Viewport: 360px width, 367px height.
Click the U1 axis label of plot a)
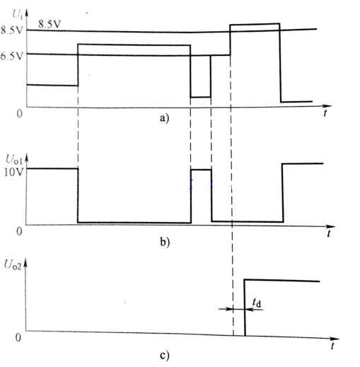(x=18, y=15)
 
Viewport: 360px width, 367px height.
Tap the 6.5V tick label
(x=12, y=57)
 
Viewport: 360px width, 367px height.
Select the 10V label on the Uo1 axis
(x=13, y=173)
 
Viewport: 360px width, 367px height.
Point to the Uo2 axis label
(x=13, y=265)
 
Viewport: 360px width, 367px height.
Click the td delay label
(x=257, y=303)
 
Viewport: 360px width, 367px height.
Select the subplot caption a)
(x=164, y=118)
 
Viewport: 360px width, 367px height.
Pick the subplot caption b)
(x=165, y=242)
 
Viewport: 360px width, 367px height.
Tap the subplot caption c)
(x=164, y=356)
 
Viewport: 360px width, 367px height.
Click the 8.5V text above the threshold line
(x=50, y=24)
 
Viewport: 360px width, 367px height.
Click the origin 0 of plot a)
(x=20, y=113)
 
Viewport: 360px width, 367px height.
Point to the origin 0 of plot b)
(x=19, y=231)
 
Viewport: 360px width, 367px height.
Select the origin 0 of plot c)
(x=18, y=337)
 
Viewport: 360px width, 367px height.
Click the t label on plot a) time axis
(x=325, y=113)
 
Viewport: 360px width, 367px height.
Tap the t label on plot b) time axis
(x=328, y=233)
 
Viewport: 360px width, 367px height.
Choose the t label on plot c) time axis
(x=332, y=346)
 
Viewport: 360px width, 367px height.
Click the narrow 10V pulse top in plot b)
(x=201, y=170)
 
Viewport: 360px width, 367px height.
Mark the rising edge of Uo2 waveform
(x=245, y=308)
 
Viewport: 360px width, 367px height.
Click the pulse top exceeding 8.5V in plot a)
(x=255, y=24)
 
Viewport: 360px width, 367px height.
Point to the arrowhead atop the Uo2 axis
(x=25, y=263)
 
